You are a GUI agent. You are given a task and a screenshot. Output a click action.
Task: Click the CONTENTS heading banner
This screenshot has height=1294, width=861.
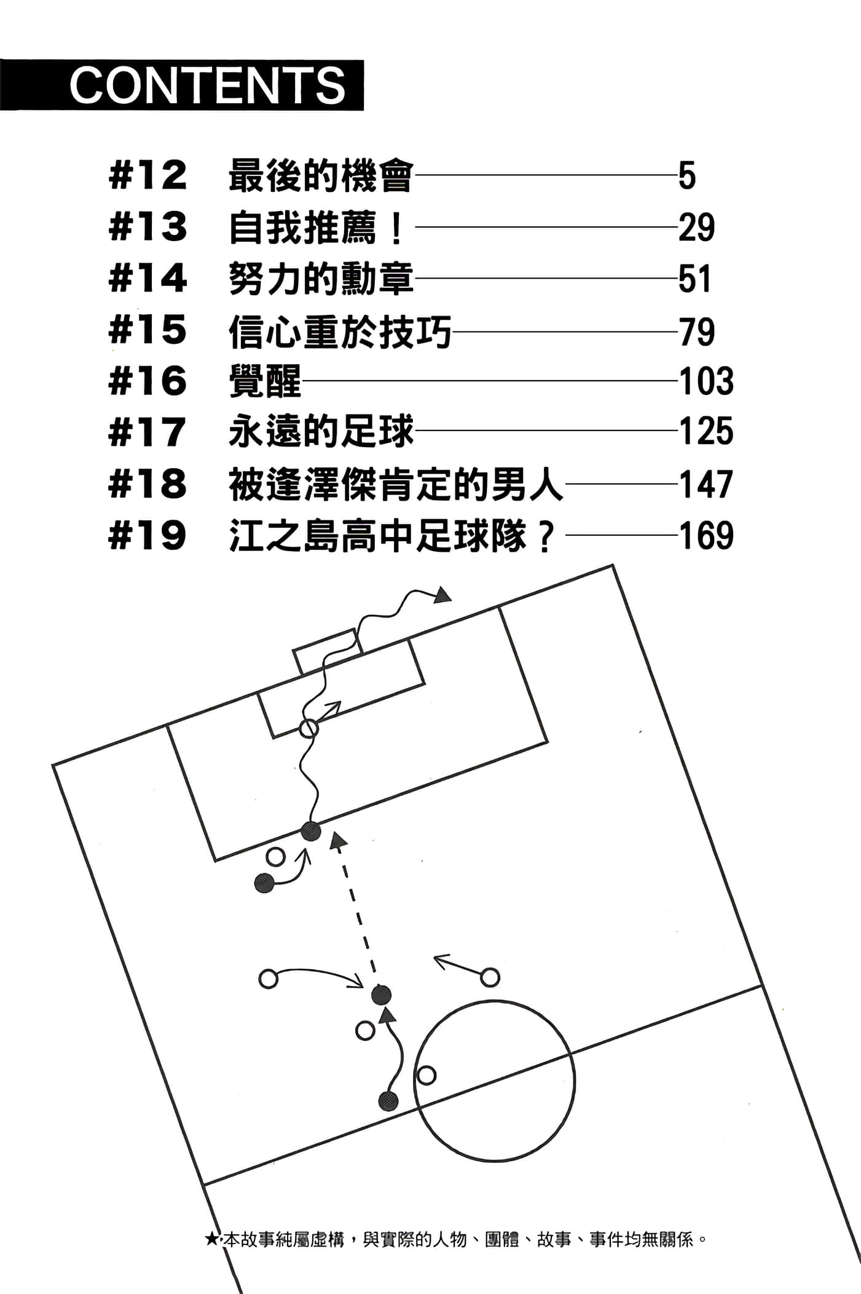(x=182, y=85)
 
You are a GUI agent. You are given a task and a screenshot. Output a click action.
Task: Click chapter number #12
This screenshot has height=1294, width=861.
(x=147, y=176)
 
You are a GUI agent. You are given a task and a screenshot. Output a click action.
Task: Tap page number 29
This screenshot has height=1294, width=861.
(x=696, y=228)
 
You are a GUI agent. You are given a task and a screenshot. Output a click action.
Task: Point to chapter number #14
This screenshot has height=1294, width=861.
(x=147, y=279)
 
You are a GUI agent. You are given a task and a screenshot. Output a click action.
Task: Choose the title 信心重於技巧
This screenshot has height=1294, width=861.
(x=340, y=332)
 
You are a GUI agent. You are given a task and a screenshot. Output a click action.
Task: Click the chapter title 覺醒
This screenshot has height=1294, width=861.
(x=265, y=381)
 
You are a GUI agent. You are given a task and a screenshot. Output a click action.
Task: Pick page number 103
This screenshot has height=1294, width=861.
(x=706, y=381)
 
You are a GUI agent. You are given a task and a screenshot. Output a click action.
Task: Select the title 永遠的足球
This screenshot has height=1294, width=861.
(x=321, y=432)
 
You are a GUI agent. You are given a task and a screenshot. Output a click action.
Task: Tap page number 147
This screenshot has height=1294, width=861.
(x=706, y=484)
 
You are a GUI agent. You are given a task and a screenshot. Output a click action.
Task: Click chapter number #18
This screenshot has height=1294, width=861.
(x=147, y=484)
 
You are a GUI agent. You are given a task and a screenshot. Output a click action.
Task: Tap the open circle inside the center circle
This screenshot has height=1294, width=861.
(x=426, y=1075)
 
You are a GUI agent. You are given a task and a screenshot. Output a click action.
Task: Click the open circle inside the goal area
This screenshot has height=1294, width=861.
(x=309, y=728)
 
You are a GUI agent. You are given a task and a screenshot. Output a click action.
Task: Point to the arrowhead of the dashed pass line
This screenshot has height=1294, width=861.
(x=336, y=841)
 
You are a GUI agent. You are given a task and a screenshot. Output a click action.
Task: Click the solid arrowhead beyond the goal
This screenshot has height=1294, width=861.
(x=442, y=595)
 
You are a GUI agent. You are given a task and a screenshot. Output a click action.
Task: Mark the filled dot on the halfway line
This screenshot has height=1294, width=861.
(x=388, y=1101)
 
